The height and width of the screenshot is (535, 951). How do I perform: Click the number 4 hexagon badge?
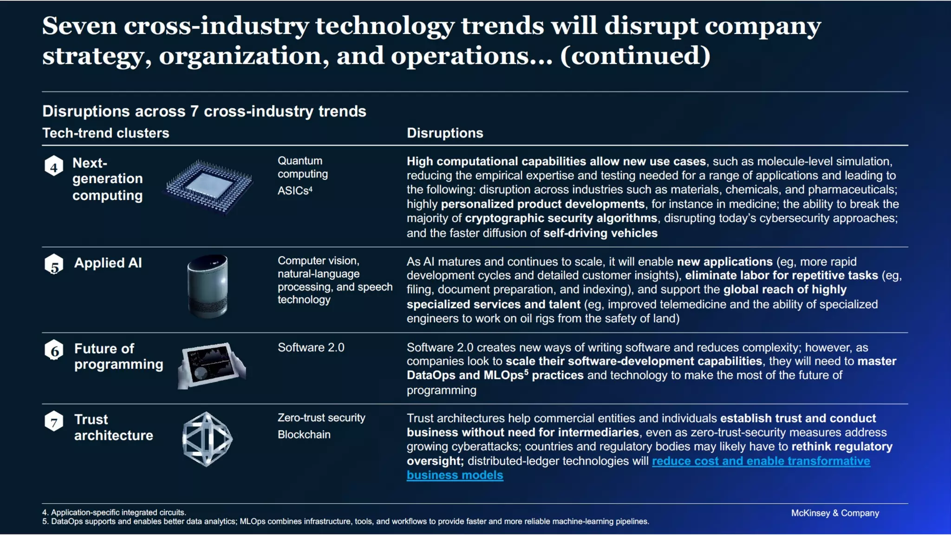(54, 166)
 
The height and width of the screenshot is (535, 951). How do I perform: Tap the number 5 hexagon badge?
(54, 265)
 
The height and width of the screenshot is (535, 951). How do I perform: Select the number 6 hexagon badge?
(54, 351)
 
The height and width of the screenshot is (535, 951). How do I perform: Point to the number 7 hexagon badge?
(54, 422)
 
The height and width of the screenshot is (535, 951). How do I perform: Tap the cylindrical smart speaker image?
(208, 286)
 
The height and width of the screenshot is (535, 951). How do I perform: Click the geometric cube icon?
(207, 439)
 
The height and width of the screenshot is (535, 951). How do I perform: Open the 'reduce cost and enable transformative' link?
(761, 461)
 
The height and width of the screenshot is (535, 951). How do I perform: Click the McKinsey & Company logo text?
(834, 513)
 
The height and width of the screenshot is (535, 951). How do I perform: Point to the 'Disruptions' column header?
(445, 133)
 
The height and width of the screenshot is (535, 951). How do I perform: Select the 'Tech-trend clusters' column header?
(106, 133)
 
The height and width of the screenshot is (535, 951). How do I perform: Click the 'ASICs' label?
(294, 191)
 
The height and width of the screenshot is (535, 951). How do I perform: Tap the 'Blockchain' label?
(304, 435)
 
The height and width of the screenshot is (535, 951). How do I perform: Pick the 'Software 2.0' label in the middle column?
(311, 347)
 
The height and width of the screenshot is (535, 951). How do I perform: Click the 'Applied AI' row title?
(108, 263)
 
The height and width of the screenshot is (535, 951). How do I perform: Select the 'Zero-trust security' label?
(321, 418)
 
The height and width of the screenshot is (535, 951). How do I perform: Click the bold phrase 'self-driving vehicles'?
(600, 233)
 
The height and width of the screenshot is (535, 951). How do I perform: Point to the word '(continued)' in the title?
(635, 56)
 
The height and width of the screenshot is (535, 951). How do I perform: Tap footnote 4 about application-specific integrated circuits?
(114, 512)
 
